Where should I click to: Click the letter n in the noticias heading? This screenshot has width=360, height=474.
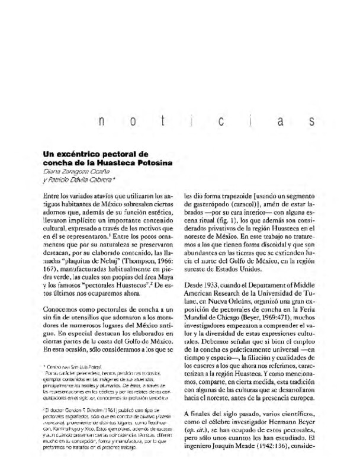pyautogui.click(x=102, y=123)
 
